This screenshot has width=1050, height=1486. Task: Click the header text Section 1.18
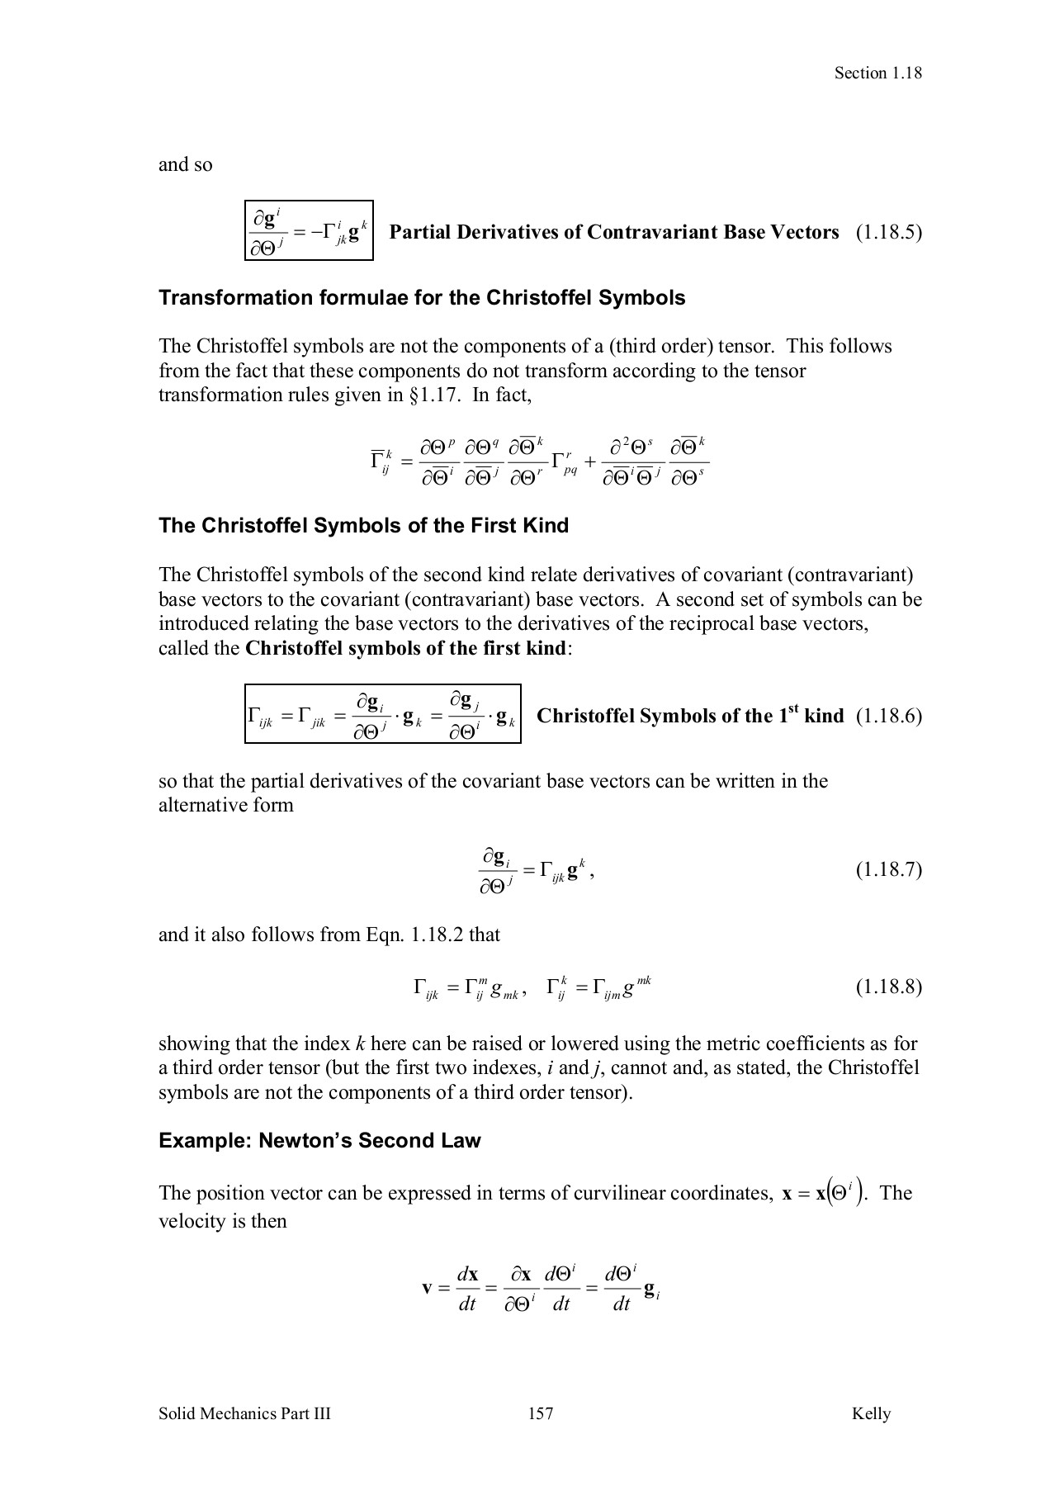coord(877,73)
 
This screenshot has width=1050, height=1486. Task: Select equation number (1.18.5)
coord(888,232)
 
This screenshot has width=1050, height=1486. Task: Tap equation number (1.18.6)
coord(888,716)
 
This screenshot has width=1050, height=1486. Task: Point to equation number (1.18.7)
coord(888,869)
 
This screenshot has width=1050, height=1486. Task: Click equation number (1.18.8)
coord(888,987)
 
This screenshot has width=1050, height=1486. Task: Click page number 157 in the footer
coord(541,1413)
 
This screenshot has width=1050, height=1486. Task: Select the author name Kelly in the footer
coord(871,1413)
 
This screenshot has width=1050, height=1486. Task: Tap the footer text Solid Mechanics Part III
coord(244,1413)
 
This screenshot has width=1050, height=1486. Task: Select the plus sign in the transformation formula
coord(590,463)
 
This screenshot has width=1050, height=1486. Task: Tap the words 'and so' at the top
coord(185,164)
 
